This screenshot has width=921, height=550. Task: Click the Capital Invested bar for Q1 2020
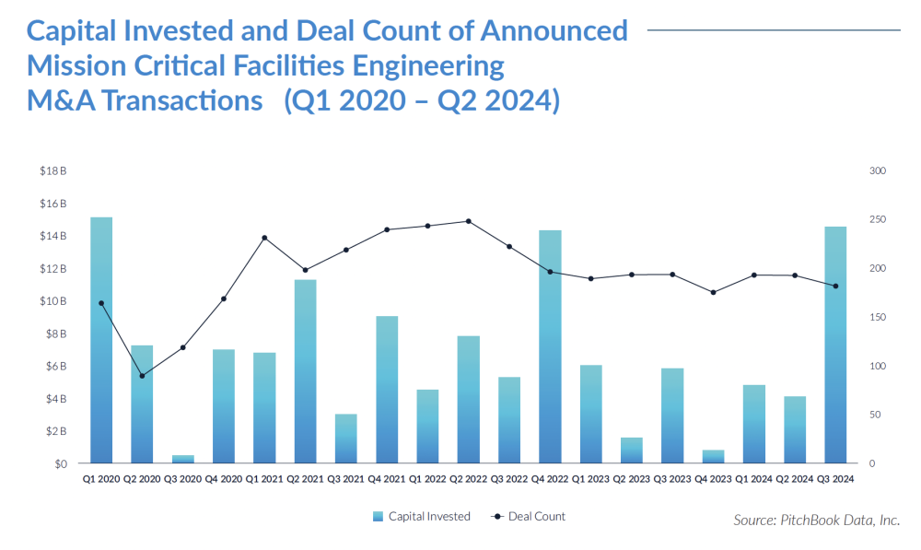click(x=101, y=340)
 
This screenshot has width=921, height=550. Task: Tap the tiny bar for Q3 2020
click(x=182, y=459)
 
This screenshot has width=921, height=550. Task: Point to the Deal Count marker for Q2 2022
click(x=468, y=221)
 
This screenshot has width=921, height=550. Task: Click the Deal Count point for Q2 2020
click(x=142, y=376)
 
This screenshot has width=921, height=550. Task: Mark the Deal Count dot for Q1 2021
click(x=264, y=238)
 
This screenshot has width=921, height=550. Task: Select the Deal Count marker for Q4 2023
click(x=713, y=292)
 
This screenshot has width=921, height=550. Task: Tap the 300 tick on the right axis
click(x=877, y=171)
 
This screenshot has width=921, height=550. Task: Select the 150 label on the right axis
click(x=877, y=318)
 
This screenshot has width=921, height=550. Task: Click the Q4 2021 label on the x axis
click(x=387, y=479)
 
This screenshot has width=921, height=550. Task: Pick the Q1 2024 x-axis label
click(x=753, y=479)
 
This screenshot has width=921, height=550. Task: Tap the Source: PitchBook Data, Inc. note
click(x=816, y=521)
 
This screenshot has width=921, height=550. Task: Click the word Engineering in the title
click(x=426, y=65)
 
